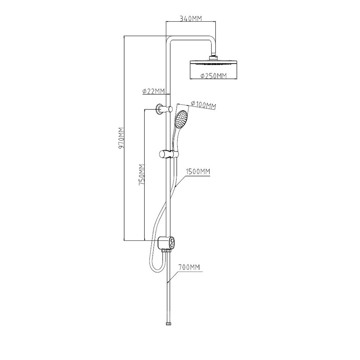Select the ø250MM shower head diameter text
pyautogui.click(x=213, y=76)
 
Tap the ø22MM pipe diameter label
pyautogui.click(x=154, y=91)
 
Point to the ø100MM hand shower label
pyautogui.click(x=203, y=105)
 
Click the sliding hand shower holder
pyautogui.click(x=167, y=154)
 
